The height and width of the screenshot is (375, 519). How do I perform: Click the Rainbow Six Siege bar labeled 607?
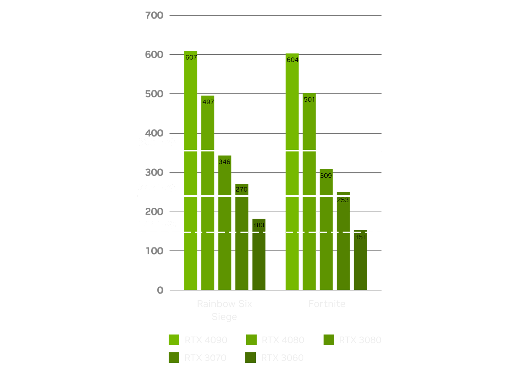point(191,170)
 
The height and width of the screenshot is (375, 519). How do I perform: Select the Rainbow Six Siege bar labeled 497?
point(208,192)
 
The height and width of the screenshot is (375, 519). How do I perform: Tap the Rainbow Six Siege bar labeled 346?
point(225,223)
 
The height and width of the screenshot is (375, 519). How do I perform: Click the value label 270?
point(242,189)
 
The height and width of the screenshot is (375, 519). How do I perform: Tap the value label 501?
point(309,100)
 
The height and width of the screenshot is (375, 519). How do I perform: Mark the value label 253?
point(343,200)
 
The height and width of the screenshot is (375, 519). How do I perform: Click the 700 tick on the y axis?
point(154,15)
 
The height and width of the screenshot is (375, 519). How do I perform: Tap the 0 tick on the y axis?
point(160,290)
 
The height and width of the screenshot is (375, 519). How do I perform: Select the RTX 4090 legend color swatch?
point(174,340)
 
